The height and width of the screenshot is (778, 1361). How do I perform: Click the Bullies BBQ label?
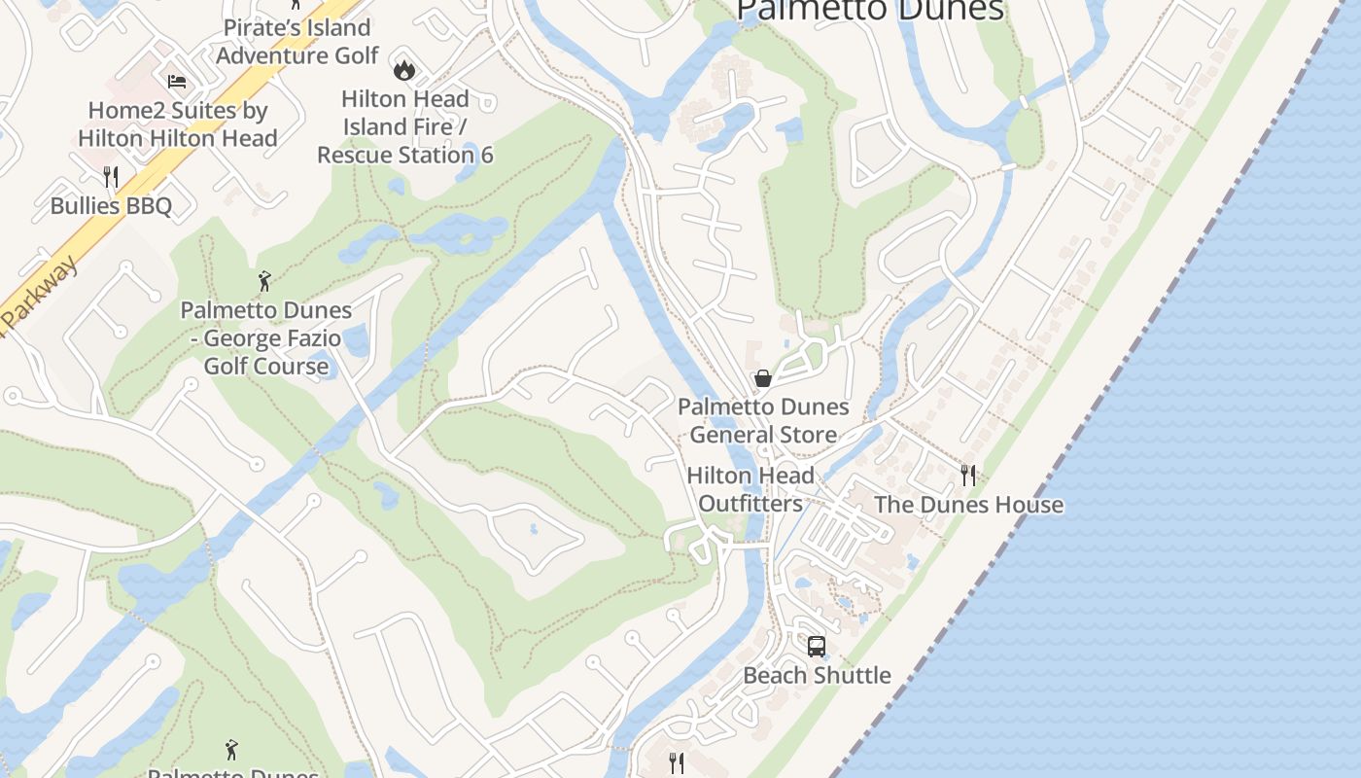coord(111,206)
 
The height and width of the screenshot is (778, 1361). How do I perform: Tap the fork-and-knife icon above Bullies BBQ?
coord(111,176)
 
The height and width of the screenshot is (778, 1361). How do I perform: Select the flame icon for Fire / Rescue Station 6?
coord(403,70)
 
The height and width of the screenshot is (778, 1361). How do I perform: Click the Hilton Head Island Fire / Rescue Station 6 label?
coord(405,126)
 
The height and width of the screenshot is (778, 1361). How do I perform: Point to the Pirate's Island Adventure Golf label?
coord(297,42)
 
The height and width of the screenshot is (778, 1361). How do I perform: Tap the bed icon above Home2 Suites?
coord(177,82)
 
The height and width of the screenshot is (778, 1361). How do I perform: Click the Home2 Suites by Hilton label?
coord(178,124)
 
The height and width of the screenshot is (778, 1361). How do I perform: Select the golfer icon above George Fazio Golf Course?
coord(264,282)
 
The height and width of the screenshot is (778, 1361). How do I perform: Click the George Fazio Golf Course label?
coord(266,338)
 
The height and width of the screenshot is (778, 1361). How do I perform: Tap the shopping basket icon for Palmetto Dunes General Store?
coord(763,378)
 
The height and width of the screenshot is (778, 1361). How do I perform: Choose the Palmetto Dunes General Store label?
coord(763,420)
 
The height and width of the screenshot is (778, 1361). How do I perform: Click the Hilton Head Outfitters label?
coord(750,489)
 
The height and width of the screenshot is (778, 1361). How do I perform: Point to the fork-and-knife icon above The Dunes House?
coord(968,475)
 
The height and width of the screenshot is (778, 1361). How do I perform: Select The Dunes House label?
coord(968,505)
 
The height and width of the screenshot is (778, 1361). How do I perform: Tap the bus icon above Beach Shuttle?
coord(817,646)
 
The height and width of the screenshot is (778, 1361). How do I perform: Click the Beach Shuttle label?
coord(817,675)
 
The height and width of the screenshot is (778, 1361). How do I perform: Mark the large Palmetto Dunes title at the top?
coord(870,10)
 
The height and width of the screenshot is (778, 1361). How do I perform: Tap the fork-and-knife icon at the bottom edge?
coord(678,762)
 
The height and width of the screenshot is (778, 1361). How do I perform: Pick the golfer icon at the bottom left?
coord(231,750)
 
